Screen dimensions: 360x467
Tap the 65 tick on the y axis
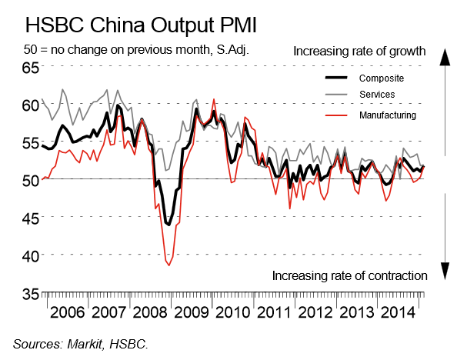point(29,68)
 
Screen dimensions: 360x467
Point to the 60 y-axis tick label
point(29,105)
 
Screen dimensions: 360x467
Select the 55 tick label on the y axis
point(29,143)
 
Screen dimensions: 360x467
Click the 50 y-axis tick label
point(29,181)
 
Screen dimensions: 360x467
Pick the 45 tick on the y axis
point(29,218)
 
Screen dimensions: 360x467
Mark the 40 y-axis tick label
point(29,256)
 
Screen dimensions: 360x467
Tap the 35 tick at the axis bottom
point(29,294)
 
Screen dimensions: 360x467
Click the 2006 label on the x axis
point(66,315)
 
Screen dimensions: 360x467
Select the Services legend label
point(377,95)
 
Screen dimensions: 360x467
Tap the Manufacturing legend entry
point(388,115)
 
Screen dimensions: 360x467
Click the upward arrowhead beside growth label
point(444,57)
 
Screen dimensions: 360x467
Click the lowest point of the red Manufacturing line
point(168,265)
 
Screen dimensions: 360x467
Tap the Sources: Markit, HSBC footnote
point(80,343)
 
